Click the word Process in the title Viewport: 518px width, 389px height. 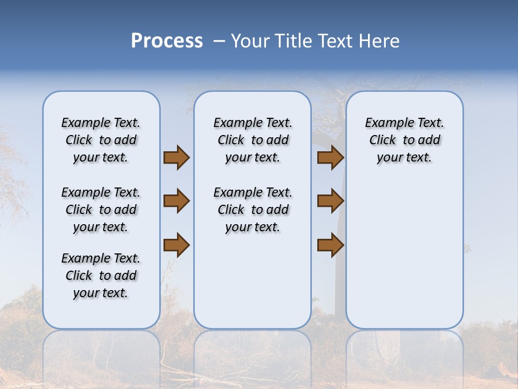(167, 41)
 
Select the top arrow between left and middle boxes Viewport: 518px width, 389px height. (176, 158)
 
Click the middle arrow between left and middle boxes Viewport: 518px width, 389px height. (176, 201)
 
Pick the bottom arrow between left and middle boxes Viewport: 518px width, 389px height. (176, 245)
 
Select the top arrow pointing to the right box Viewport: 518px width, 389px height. (330, 158)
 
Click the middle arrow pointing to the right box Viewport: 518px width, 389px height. (330, 201)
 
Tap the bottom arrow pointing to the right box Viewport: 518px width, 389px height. (330, 245)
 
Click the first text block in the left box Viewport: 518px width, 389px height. (101, 140)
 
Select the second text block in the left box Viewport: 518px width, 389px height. (101, 210)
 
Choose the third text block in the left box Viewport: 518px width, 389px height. (101, 276)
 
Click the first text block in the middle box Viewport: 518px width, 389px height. (253, 140)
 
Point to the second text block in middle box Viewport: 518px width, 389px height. (253, 210)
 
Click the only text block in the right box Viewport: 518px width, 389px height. (404, 140)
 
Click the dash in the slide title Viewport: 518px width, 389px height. (219, 42)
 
